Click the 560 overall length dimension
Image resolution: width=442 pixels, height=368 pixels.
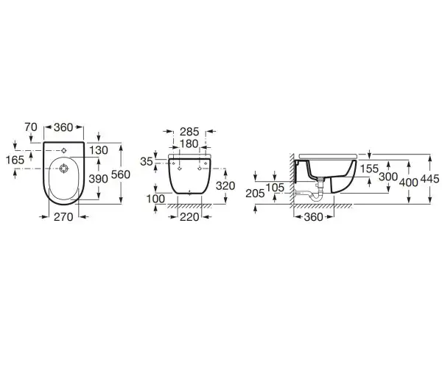(x=121, y=175)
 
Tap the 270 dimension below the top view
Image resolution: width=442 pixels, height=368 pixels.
(x=63, y=217)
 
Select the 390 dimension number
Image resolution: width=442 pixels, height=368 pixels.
(x=99, y=179)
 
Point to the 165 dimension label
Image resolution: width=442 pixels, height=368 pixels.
(x=15, y=160)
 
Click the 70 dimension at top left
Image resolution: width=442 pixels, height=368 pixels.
(x=31, y=127)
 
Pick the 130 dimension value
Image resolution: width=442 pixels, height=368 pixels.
(x=99, y=150)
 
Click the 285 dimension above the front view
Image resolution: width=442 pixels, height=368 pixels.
(x=189, y=132)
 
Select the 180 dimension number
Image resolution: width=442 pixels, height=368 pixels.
(x=189, y=144)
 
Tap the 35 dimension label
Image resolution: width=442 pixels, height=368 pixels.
(x=147, y=162)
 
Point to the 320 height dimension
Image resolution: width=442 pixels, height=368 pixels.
(x=225, y=185)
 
